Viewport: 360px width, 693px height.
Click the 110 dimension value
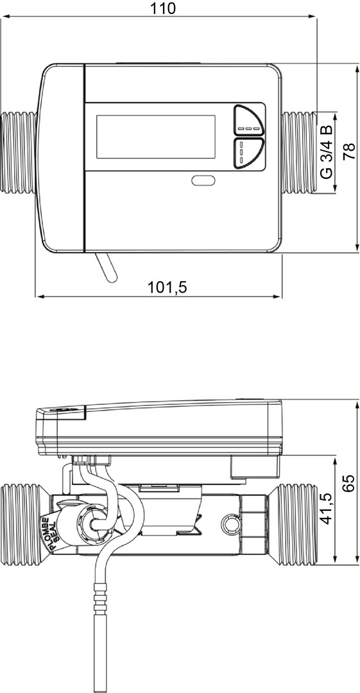[163, 8]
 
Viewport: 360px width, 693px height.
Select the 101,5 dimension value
[167, 287]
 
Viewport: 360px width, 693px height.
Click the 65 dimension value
[349, 484]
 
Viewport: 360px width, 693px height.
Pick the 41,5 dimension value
[326, 508]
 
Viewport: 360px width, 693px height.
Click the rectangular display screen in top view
[156, 137]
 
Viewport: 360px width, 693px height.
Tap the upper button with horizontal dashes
[248, 120]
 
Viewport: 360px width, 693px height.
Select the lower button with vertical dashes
[247, 153]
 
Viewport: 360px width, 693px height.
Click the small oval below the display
[203, 180]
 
